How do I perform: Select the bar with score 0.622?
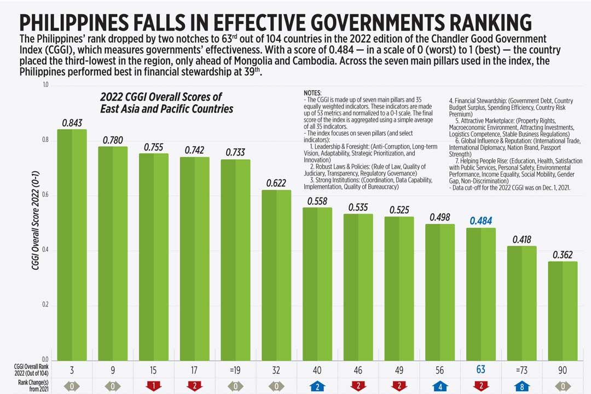pos(276,274)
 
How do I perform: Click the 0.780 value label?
pos(113,140)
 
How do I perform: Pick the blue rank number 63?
pos(481,370)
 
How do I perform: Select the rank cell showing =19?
pos(235,370)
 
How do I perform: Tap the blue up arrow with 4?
pos(440,386)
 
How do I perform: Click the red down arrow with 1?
pos(154,386)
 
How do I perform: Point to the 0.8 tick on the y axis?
pos(45,140)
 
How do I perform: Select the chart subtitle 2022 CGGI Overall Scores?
pos(166,102)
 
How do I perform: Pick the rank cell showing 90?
pos(563,370)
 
